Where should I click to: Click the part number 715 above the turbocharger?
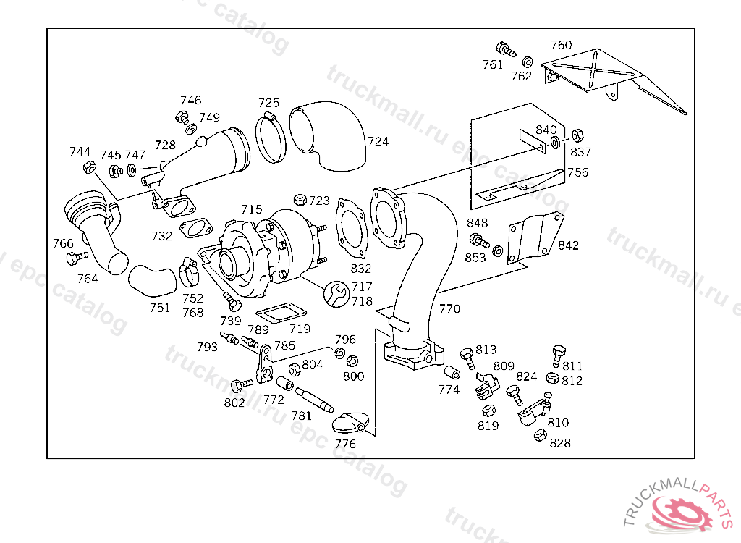251,209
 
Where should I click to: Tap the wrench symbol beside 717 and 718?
336,294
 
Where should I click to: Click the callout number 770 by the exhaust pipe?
449,309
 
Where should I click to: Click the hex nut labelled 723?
300,199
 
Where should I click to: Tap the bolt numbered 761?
506,49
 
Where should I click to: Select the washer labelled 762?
528,62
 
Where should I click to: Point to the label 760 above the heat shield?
561,45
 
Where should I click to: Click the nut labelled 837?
577,135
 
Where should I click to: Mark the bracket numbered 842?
535,238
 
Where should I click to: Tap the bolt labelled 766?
77,258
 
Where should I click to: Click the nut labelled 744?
89,167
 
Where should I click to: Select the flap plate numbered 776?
349,423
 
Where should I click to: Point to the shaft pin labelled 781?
314,400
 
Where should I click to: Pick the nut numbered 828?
540,435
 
